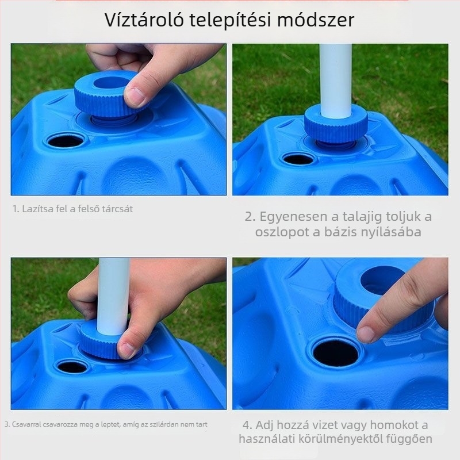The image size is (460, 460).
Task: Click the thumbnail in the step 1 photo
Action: tap(136, 96)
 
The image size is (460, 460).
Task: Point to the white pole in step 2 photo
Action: tap(335, 80)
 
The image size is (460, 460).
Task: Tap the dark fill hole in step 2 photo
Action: tap(298, 159)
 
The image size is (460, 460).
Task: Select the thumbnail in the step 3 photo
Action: tap(128, 349)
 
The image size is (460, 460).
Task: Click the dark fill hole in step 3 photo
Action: tap(72, 367)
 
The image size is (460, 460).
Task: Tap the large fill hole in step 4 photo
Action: tap(336, 352)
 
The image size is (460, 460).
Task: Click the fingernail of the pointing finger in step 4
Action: tap(366, 333)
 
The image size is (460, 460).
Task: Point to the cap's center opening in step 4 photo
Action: tap(381, 279)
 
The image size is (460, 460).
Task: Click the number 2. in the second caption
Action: tap(250, 217)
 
